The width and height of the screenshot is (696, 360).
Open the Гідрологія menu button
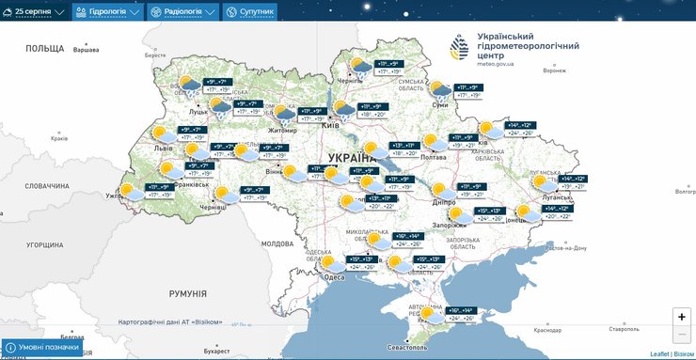pos(107,12)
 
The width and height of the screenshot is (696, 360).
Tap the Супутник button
pos(249,12)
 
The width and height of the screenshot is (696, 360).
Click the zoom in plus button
pos(681,317)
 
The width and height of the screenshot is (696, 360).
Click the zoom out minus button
pos(681,336)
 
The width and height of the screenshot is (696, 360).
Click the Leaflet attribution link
pos(660,353)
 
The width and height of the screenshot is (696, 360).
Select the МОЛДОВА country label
pos(277,243)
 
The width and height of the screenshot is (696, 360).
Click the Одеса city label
pos(332,277)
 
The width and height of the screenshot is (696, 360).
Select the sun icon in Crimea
pos(432,314)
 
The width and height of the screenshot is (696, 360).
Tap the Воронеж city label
pos(555,70)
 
